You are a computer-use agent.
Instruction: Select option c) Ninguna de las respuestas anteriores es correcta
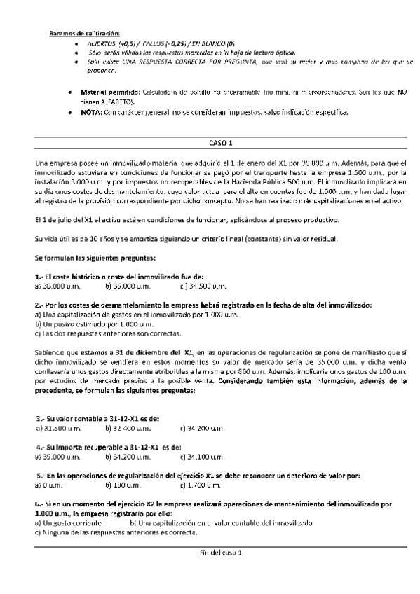click(115, 533)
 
